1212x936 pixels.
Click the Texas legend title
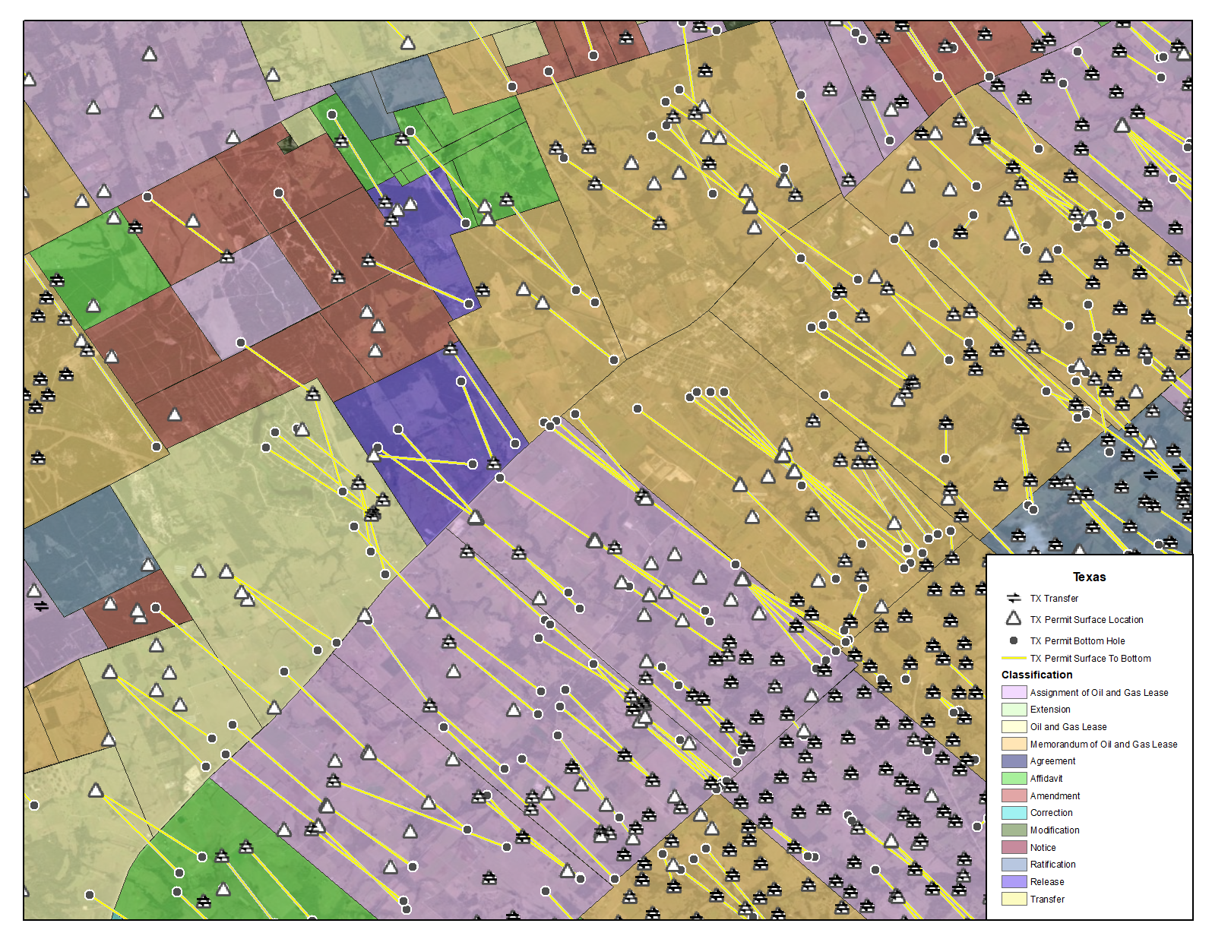(1089, 577)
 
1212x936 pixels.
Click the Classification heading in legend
(1036, 675)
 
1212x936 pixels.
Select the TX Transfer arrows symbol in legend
(1014, 598)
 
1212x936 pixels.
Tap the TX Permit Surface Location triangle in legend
(1014, 618)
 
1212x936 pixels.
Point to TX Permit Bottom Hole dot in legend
(1014, 640)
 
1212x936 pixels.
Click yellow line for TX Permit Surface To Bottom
(1014, 658)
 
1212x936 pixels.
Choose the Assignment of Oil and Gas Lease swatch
(1014, 692)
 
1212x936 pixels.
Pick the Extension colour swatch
(1014, 710)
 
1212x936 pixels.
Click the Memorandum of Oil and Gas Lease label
(1103, 744)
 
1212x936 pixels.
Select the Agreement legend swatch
(1014, 761)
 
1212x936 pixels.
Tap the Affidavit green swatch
(1014, 778)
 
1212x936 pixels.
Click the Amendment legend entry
(1055, 795)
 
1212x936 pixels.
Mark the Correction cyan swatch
(1014, 813)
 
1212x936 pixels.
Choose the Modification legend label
(1055, 830)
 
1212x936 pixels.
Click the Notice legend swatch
(1014, 847)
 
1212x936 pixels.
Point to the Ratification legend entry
(1052, 864)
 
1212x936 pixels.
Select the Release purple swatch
(1014, 881)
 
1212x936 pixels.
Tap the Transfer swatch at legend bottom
(1014, 899)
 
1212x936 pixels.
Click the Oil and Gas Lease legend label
(1068, 726)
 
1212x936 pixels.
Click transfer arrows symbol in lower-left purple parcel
(41, 606)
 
